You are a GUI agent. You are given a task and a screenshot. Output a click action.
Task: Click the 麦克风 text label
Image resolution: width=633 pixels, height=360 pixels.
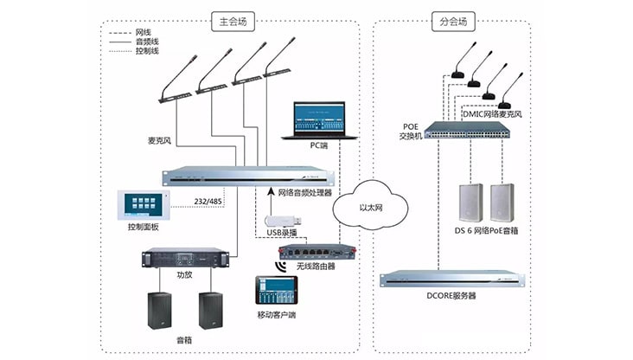pos(160,139)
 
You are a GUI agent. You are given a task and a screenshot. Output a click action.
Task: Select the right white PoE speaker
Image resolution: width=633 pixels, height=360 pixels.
pos(502,202)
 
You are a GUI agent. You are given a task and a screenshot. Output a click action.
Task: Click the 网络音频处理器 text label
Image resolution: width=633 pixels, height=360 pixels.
pos(304,194)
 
